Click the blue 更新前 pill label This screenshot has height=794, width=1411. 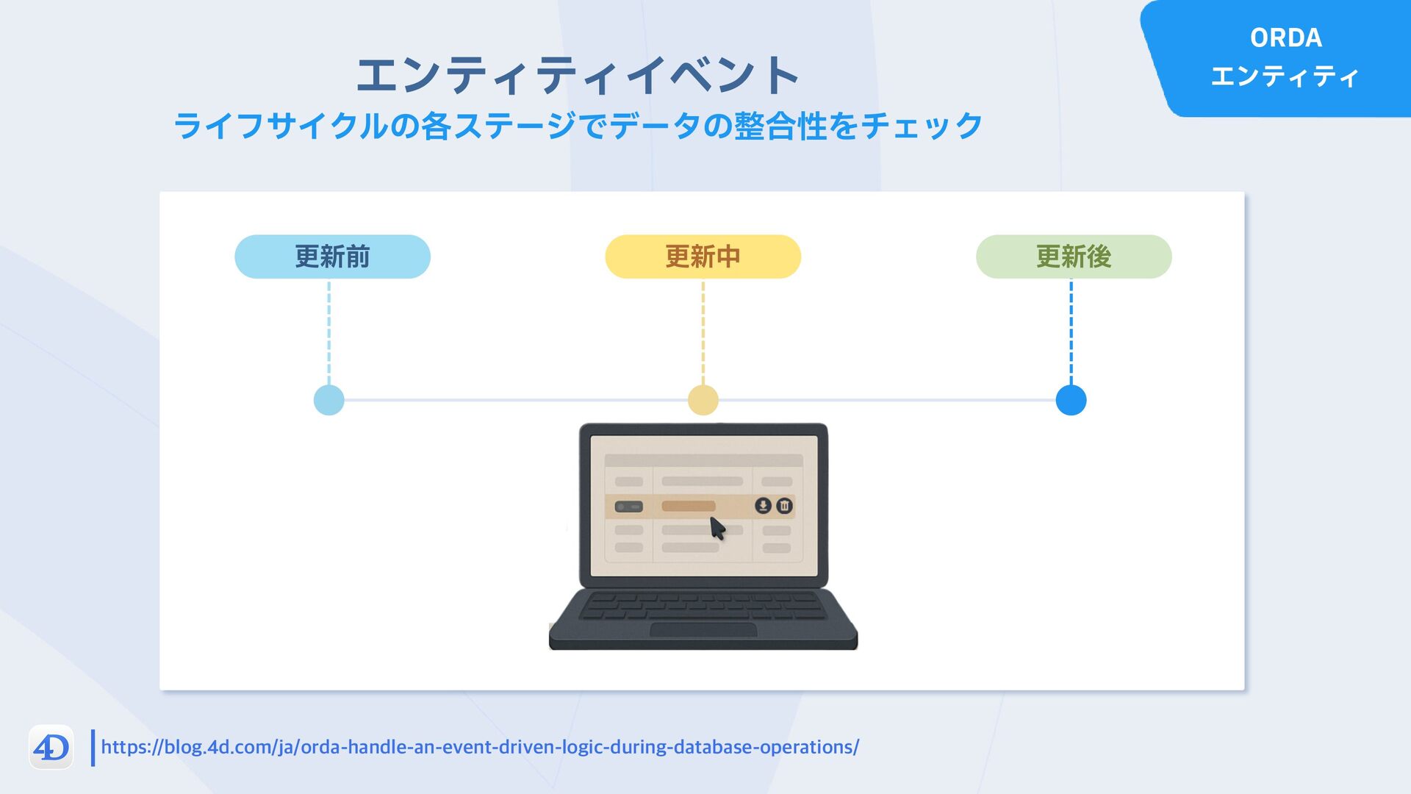tap(332, 257)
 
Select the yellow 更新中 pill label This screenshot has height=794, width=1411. tap(703, 257)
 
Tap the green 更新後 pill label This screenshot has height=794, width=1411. tap(1073, 257)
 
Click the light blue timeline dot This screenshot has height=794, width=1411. tap(328, 400)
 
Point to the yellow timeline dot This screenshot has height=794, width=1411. tap(703, 400)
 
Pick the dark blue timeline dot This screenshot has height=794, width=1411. tap(1071, 400)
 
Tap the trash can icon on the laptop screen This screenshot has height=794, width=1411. tap(785, 506)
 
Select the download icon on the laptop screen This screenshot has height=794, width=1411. tap(763, 506)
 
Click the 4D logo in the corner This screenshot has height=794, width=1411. tap(51, 748)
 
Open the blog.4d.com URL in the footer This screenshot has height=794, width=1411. tap(479, 747)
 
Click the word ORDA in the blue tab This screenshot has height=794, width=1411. tap(1286, 37)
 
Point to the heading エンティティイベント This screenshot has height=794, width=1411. tap(578, 75)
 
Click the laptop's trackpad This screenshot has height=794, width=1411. tap(703, 630)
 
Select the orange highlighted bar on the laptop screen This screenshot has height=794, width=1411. tap(689, 506)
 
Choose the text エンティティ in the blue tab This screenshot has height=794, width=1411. tap(1285, 76)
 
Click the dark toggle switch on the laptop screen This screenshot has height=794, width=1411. tap(628, 507)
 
